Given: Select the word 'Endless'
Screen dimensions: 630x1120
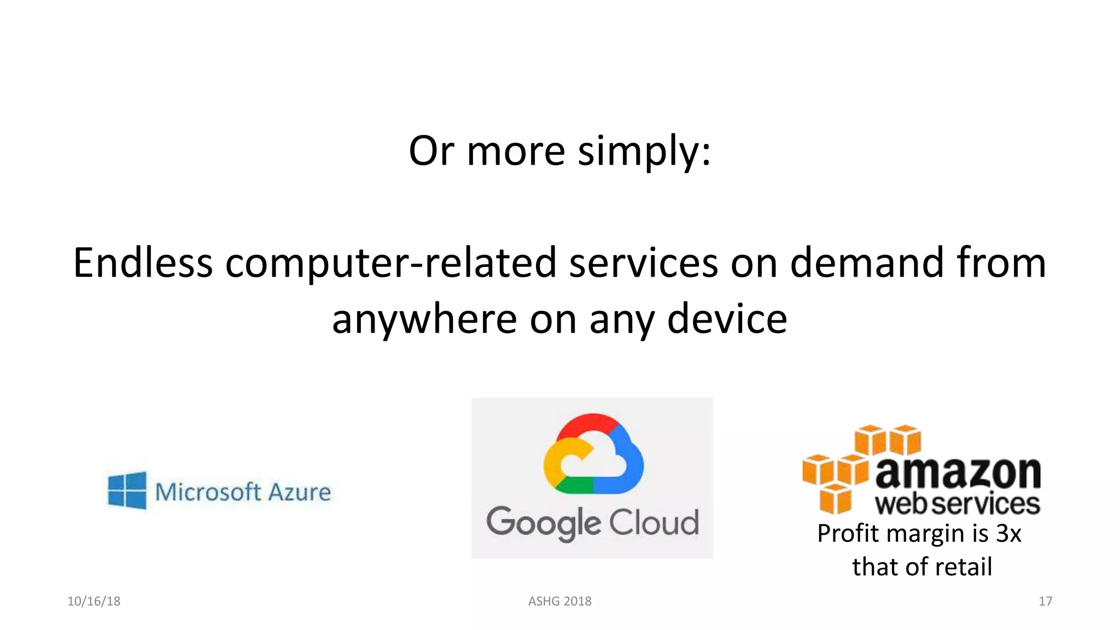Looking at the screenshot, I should [143, 263].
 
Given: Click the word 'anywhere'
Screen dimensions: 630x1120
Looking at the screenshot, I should [424, 320].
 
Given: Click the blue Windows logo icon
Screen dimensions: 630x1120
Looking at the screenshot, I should [127, 491].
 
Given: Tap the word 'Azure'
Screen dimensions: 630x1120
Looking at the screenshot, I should [300, 492].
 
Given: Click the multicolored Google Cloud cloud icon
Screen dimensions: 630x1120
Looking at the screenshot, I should [593, 454].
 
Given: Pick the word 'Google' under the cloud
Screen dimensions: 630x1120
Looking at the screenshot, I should [544, 523].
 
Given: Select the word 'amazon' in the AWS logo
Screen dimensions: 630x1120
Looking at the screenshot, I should [958, 472].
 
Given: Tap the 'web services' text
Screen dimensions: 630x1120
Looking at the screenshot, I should [957, 504].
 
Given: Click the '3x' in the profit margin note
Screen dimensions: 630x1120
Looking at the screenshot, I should [1008, 533].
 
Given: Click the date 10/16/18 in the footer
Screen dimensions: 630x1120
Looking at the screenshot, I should [94, 601].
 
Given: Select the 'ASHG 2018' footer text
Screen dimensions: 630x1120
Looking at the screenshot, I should [559, 601].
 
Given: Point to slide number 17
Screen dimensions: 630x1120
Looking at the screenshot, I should [1045, 601].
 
